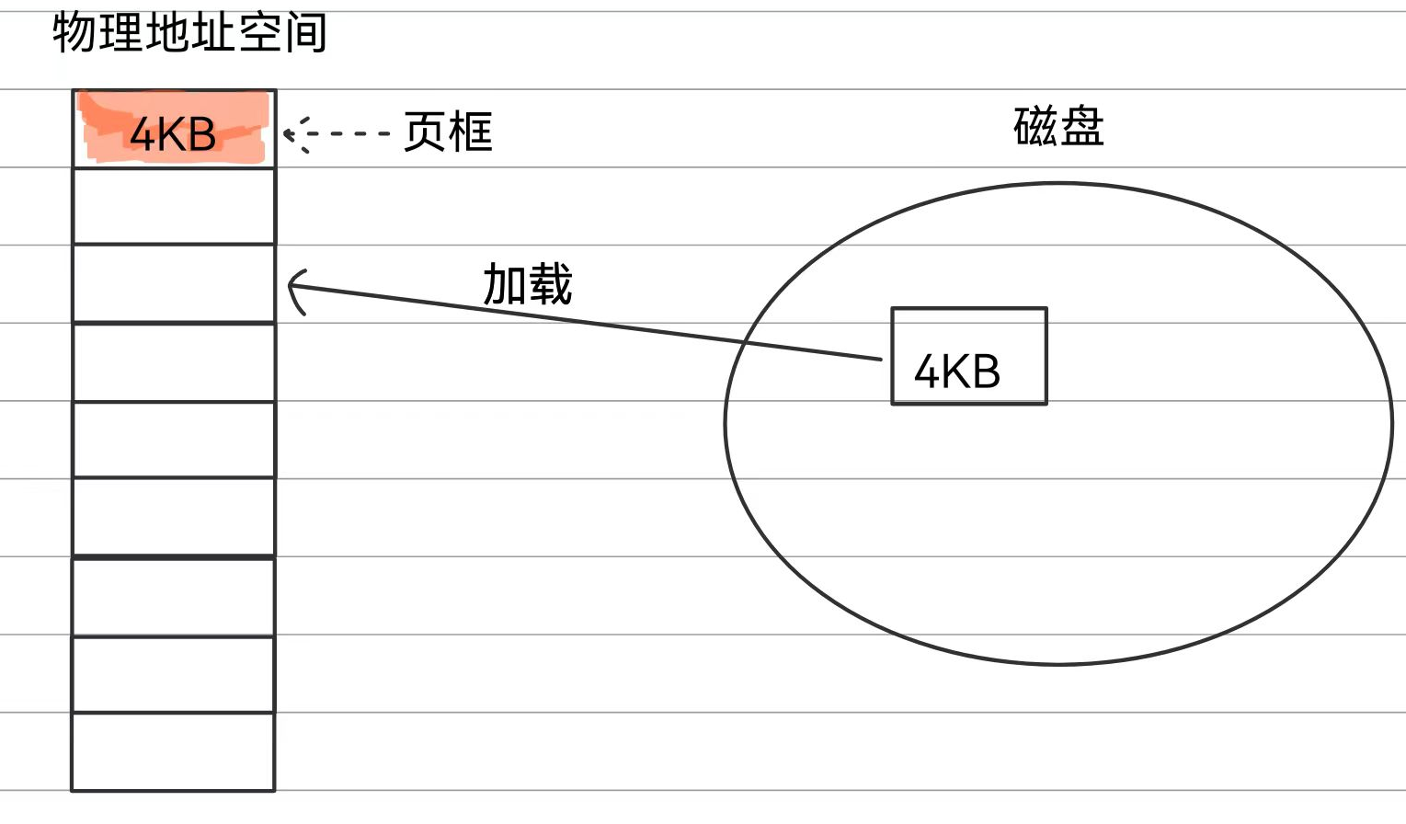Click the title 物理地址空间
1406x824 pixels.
[x=189, y=33]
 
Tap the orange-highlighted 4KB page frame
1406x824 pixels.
[x=174, y=131]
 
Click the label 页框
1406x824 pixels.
[x=448, y=132]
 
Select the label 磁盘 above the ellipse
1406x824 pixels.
[x=1058, y=127]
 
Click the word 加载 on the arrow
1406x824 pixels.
[x=527, y=283]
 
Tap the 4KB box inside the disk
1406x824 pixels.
[x=968, y=356]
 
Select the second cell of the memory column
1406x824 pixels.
[x=174, y=206]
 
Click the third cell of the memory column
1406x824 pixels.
[x=174, y=283]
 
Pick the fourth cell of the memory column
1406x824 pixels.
[x=174, y=361]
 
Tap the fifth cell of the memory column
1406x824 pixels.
[x=174, y=440]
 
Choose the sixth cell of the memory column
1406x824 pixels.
[x=174, y=517]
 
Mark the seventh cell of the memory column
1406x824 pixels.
[x=174, y=596]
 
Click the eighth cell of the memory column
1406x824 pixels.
[x=174, y=674]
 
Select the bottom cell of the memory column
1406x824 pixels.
[x=174, y=751]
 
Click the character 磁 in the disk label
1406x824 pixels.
[x=1035, y=127]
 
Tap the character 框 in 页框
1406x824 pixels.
[x=471, y=132]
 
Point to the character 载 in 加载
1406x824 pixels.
[x=550, y=283]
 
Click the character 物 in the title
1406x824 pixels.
[x=74, y=33]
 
